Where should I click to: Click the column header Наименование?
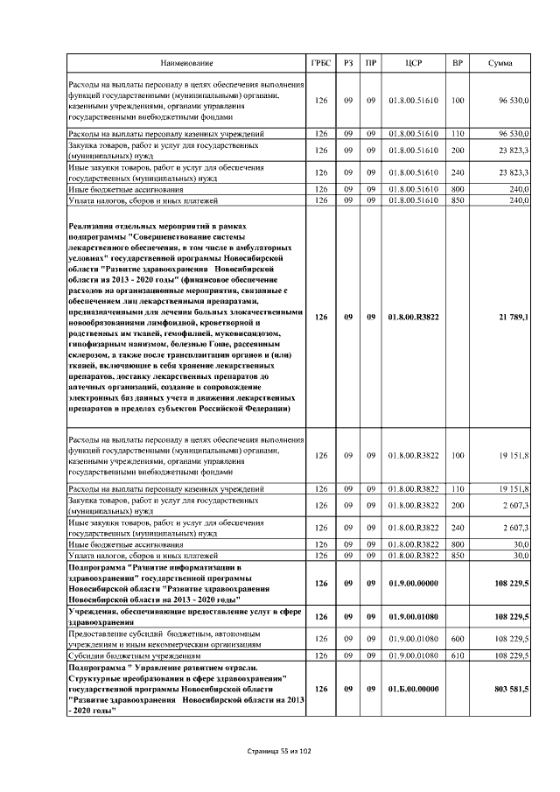(x=185, y=64)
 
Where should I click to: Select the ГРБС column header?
(x=321, y=64)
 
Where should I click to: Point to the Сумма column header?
(x=500, y=64)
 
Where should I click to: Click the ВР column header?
(x=457, y=64)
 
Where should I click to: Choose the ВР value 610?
(x=457, y=655)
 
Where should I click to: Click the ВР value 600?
(x=457, y=638)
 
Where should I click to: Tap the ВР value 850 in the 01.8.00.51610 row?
(x=457, y=200)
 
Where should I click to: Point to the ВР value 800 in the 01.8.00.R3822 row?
(x=457, y=544)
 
